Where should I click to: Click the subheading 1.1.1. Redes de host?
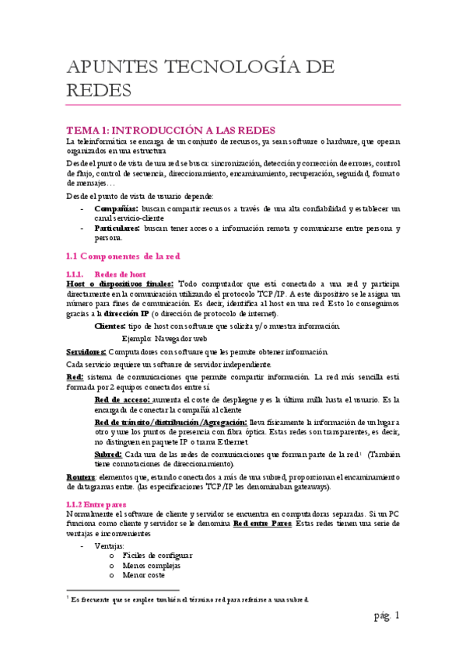107,274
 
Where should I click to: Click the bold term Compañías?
117,209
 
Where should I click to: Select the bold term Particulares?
117,228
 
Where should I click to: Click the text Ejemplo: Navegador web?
164,339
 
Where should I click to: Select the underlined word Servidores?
86,352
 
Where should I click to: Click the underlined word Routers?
80,476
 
